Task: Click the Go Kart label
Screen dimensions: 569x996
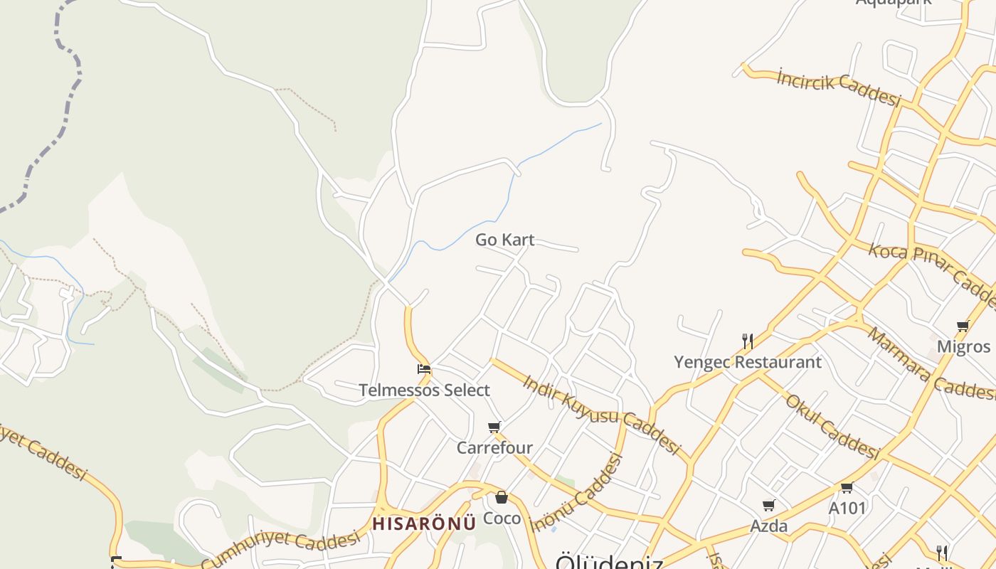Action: click(504, 240)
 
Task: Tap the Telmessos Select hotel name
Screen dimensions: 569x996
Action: click(424, 390)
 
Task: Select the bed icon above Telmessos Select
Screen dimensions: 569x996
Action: click(424, 369)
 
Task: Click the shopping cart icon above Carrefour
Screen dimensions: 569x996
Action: click(494, 427)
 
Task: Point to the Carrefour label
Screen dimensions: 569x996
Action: click(494, 448)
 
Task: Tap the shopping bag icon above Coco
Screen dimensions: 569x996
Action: click(502, 497)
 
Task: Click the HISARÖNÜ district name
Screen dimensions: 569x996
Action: click(424, 524)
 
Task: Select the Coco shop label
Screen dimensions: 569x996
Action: click(502, 519)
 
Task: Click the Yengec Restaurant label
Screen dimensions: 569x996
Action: click(748, 362)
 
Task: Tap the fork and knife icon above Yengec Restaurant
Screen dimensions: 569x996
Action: click(747, 341)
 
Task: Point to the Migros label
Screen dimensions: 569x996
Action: click(963, 346)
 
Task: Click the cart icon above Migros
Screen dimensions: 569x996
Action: click(963, 326)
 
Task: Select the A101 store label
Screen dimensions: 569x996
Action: click(847, 508)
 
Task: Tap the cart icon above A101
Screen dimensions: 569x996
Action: click(847, 488)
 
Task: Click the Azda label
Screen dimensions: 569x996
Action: click(769, 526)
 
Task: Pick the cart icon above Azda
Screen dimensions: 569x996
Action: click(768, 506)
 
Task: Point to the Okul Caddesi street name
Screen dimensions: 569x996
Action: click(832, 425)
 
